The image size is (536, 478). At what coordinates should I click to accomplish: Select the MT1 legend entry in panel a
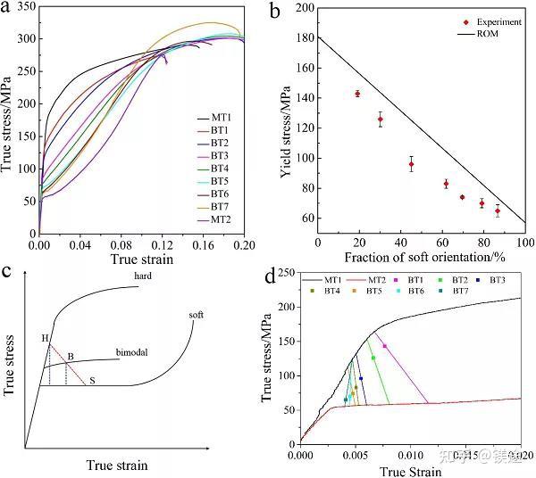click(x=221, y=117)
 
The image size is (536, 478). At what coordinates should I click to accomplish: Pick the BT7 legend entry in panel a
click(x=221, y=206)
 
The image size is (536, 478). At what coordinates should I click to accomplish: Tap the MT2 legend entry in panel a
click(x=221, y=218)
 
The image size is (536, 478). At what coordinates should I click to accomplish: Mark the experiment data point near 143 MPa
click(x=357, y=94)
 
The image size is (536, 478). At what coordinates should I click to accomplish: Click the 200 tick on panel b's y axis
click(x=304, y=8)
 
